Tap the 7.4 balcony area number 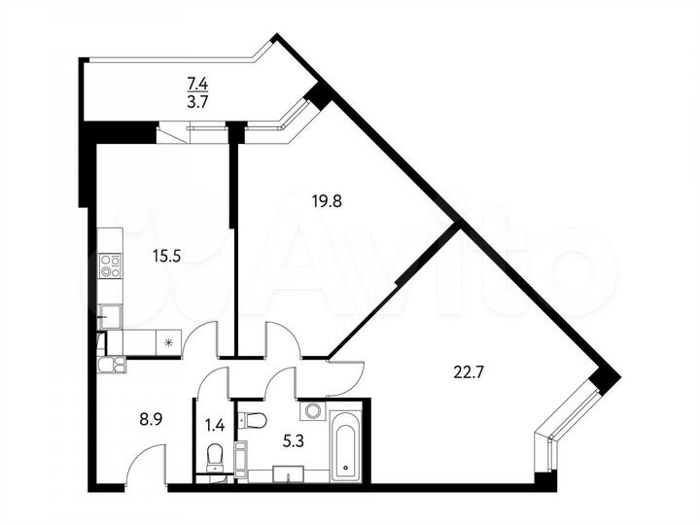[x=196, y=85]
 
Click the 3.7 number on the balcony [x=196, y=100]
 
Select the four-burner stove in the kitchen [x=110, y=265]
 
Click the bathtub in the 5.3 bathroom [x=346, y=444]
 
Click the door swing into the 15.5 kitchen [x=200, y=340]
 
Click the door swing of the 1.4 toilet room [x=212, y=384]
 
